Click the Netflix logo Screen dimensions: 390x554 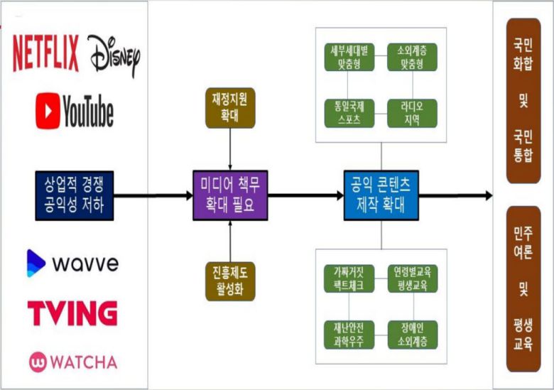45,53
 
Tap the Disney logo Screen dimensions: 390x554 114,55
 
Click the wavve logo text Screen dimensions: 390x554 83,264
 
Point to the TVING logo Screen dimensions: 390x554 72,313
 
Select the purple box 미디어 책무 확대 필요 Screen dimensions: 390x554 231,195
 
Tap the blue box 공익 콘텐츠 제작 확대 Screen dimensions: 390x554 381,195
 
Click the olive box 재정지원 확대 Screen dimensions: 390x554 230,108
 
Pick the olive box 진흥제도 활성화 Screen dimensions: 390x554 230,281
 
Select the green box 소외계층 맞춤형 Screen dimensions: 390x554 412,58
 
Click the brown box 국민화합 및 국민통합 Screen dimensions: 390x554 523,101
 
